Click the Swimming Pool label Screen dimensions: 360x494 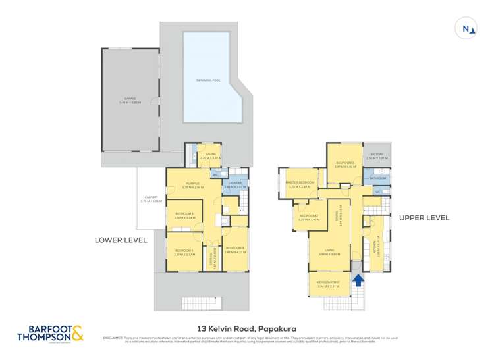208,80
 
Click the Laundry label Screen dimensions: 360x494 235,185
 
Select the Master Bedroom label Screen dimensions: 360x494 300,184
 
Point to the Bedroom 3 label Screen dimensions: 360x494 344,165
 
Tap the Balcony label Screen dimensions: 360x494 377,156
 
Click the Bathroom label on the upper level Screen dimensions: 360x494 377,178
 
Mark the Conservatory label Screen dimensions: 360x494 328,284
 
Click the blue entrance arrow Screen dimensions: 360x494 358,280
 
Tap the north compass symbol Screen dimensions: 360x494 466,28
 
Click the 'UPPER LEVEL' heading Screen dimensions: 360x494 424,217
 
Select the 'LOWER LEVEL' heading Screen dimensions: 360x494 121,240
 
